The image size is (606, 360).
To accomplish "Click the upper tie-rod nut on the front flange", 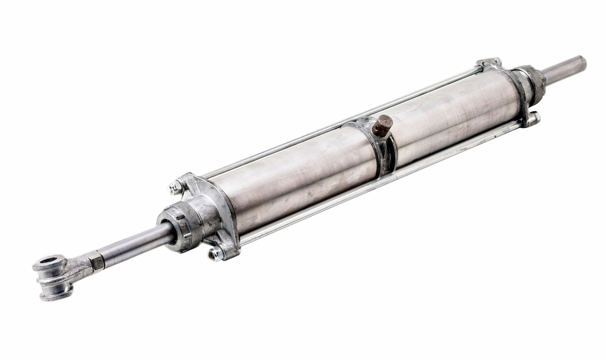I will click(176, 188).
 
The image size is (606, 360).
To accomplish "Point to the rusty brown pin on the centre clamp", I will click(382, 125).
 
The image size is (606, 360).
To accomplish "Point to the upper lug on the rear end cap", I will click(489, 63).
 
